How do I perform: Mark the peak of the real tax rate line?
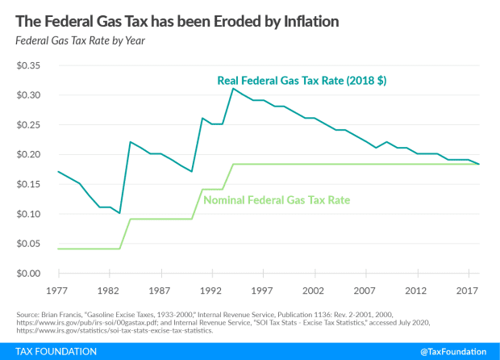click(x=233, y=89)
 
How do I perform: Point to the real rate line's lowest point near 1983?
click(x=119, y=214)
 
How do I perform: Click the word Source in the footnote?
click(x=25, y=314)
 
